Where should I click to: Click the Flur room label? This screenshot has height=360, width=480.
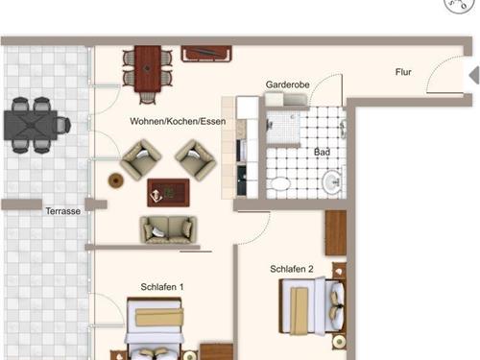pos(403,72)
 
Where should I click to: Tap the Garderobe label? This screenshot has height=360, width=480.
pos(287,84)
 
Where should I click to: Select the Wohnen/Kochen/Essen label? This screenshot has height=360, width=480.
pos(178,121)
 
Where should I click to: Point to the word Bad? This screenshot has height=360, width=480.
pos(322,152)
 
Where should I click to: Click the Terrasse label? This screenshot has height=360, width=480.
pos(63,211)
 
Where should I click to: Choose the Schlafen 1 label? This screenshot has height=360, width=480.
pos(162,287)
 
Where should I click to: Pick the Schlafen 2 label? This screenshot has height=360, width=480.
pos(292,269)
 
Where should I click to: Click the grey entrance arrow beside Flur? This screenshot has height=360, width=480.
pos(474,76)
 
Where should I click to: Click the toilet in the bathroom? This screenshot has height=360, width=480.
pos(280,183)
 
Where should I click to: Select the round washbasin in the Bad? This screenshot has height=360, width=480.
pos(332,182)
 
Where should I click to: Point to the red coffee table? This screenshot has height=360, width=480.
pos(168,193)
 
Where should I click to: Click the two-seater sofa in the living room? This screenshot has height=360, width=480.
pos(168,229)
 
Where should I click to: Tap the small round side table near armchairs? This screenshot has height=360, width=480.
pos(116,180)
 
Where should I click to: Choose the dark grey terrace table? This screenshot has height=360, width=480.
pos(31,125)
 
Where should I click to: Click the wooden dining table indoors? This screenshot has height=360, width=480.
pos(148,69)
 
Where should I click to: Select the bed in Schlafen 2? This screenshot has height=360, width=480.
pos(313,306)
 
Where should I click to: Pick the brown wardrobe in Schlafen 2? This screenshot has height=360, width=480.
pos(336,232)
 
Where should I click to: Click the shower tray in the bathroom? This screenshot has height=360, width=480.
pos(283,128)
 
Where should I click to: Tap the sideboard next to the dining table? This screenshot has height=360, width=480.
pos(206,54)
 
